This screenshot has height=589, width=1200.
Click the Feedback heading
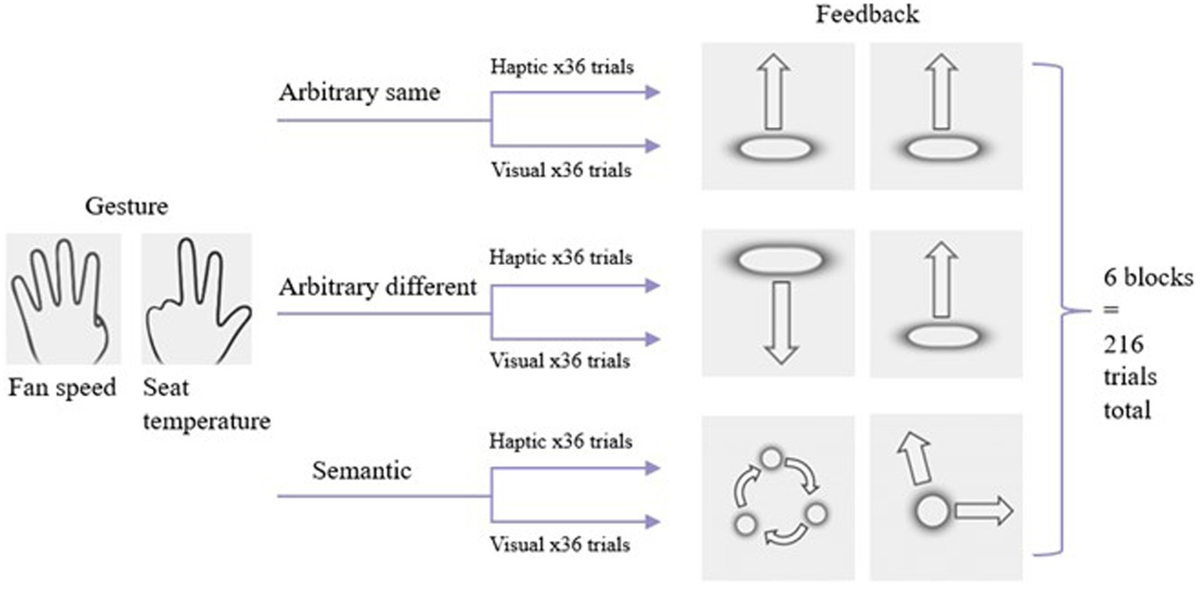tap(868, 15)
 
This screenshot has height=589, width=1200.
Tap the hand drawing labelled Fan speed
tap(63, 298)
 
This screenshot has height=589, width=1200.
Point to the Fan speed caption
tap(63, 387)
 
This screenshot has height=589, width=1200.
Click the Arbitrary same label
tap(359, 92)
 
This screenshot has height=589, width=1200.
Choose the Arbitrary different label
tap(378, 287)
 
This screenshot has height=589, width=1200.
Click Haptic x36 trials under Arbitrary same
tap(561, 67)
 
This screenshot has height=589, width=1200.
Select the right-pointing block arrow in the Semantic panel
tap(983, 512)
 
